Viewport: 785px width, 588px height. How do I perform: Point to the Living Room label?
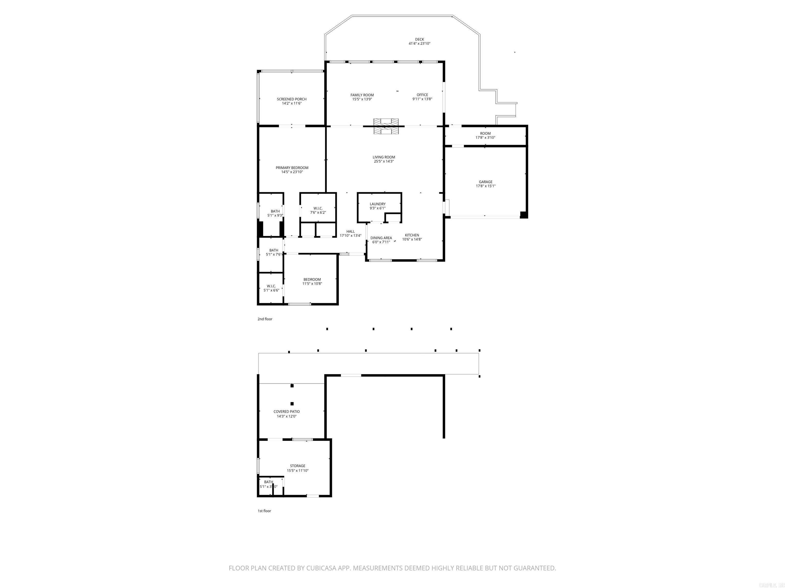point(384,157)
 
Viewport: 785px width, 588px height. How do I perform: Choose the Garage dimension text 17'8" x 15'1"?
point(486,186)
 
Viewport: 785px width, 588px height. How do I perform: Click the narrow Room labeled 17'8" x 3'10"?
point(485,136)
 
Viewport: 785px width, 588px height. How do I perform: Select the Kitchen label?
point(412,235)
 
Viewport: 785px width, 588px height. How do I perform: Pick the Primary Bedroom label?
point(292,168)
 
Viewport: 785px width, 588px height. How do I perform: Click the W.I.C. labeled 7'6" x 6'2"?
point(318,210)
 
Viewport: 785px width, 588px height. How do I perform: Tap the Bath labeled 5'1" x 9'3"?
point(275,213)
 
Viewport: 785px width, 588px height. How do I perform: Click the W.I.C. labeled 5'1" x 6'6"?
point(271,288)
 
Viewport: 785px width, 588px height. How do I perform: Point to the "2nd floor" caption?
point(265,319)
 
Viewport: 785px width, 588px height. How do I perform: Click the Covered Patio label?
point(286,411)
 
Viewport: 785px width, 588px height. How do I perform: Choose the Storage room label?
point(297,466)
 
